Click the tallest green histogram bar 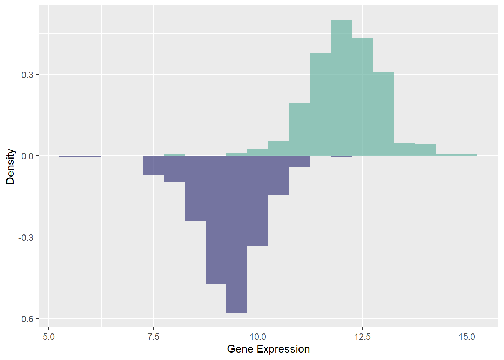click(342, 88)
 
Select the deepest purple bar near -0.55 click(237, 234)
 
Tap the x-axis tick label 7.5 click(153, 337)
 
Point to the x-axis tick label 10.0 click(258, 337)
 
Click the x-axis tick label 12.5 click(363, 337)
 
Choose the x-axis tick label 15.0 click(467, 337)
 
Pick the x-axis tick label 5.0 click(49, 337)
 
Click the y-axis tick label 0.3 click(27, 75)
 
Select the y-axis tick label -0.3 click(25, 238)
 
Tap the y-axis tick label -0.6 click(25, 319)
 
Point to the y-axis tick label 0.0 click(27, 156)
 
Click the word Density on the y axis click(10, 166)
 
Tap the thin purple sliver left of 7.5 click(80, 156)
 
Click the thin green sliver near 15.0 click(456, 155)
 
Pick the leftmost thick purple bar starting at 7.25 click(153, 165)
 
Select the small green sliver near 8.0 click(174, 155)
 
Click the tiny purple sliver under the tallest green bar click(342, 156)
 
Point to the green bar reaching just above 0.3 click(383, 114)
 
